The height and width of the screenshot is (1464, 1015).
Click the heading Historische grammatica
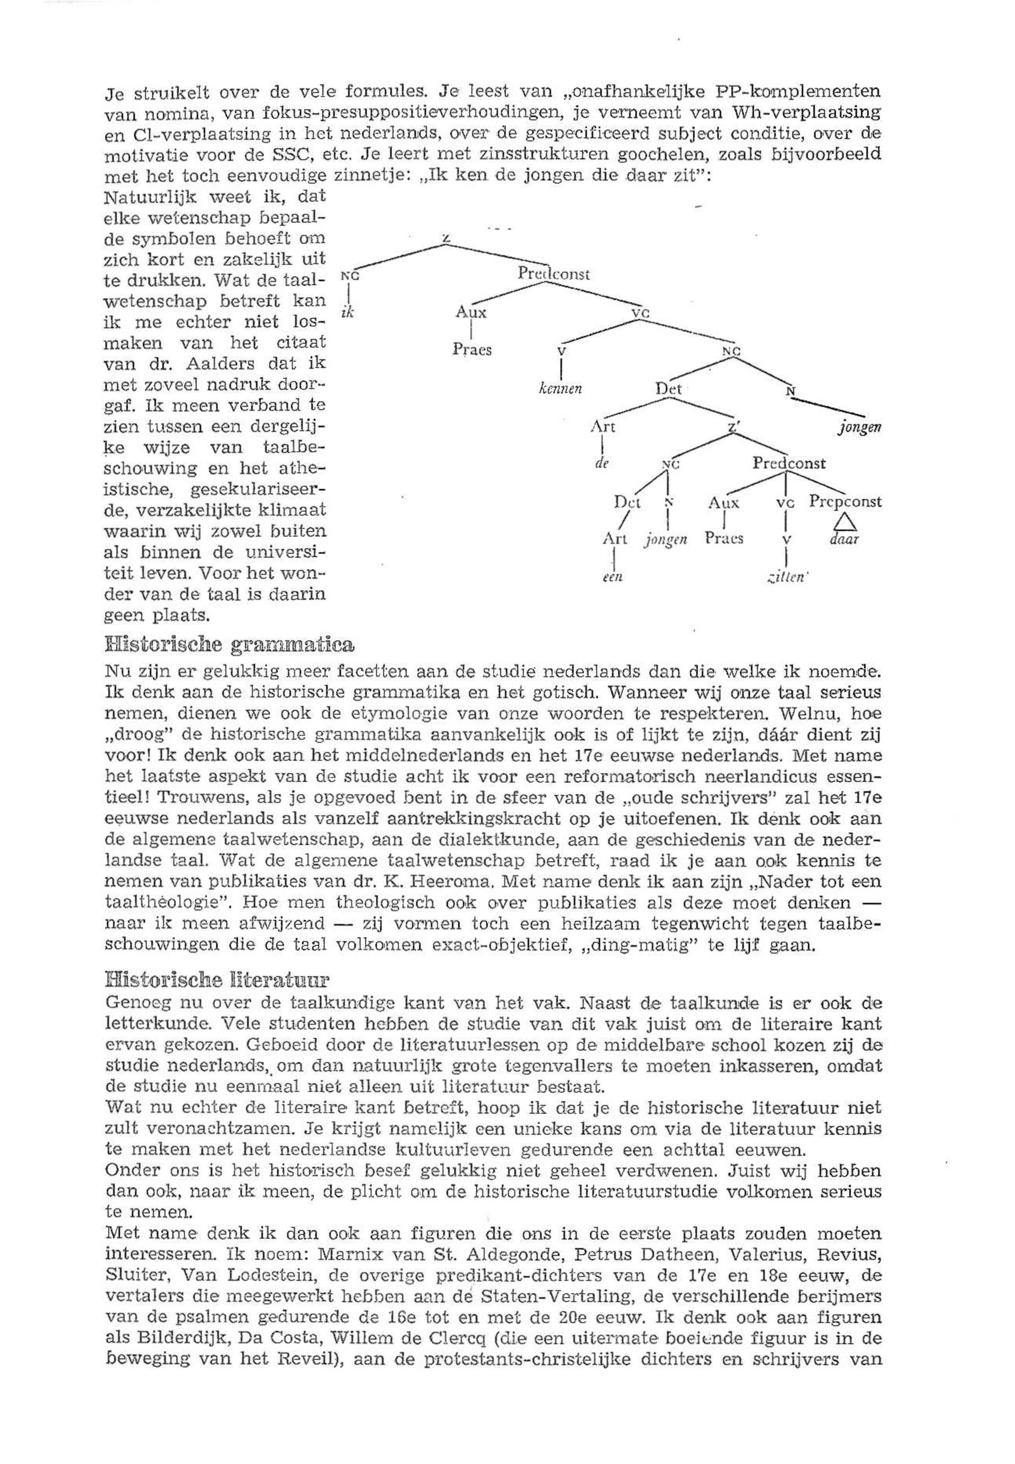coord(228,644)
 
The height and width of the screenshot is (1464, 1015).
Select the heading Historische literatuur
coord(217,979)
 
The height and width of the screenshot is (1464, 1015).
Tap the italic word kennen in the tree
coord(559,389)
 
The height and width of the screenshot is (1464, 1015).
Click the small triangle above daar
coord(844,522)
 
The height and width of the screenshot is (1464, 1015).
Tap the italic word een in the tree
coord(612,578)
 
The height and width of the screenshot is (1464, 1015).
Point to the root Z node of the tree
coord(447,239)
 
